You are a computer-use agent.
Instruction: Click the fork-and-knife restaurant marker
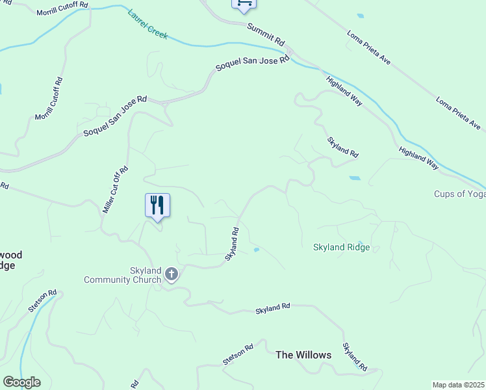tap(157, 205)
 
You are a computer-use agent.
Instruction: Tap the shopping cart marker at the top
tap(244, 3)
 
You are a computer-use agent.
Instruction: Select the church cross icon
tap(172, 274)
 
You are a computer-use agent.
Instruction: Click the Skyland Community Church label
tap(122, 275)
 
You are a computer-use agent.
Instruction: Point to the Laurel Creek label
tap(148, 24)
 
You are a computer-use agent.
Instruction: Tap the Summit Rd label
tap(266, 34)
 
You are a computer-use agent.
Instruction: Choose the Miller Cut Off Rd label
tap(116, 190)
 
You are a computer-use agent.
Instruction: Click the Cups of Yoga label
tap(459, 194)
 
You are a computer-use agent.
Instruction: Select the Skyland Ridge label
tap(341, 247)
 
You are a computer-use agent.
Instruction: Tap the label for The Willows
tap(303, 355)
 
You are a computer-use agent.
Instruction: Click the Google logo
tap(21, 382)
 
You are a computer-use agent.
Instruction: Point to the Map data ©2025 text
tap(459, 385)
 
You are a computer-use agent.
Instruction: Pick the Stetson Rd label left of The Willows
tap(237, 356)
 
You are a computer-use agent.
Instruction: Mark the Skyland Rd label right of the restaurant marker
tap(233, 244)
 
